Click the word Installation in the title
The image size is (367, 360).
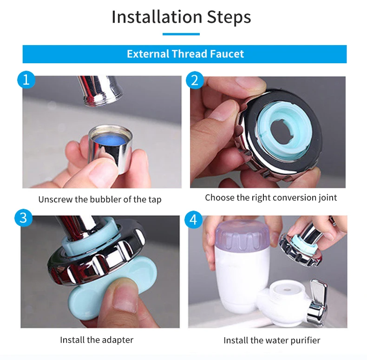(x=157, y=17)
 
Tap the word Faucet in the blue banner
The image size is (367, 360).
(x=227, y=54)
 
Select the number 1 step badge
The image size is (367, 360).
(x=26, y=80)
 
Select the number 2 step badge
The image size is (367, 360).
(x=195, y=80)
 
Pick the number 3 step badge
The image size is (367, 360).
(x=23, y=218)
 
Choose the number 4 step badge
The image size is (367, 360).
(x=193, y=220)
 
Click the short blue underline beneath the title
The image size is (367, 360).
(x=181, y=34)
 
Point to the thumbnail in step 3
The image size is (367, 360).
(x=124, y=300)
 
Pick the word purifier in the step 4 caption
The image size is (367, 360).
(x=305, y=340)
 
